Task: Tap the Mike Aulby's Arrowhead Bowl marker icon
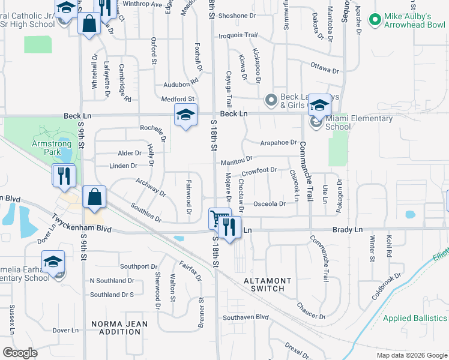[376, 20]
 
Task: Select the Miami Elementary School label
[359, 122]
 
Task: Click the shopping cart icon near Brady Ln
[219, 218]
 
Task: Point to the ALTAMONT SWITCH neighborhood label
[267, 284]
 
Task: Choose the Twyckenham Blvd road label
[82, 224]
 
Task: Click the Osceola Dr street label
[270, 204]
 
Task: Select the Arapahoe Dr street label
[279, 143]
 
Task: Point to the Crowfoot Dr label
[259, 171]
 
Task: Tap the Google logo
[20, 352]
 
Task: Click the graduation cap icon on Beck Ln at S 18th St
[185, 115]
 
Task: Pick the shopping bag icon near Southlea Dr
[95, 197]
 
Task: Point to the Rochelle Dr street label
[153, 128]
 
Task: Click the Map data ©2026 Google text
[411, 355]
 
